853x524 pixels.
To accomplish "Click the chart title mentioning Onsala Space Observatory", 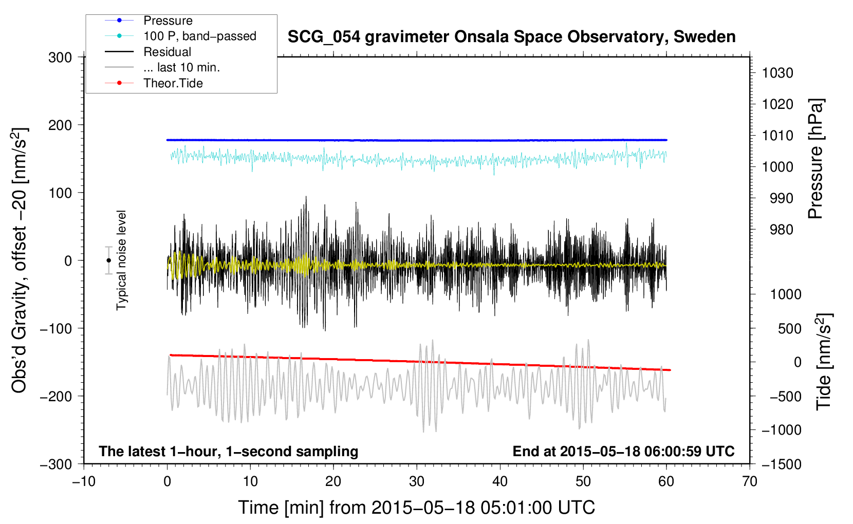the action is coord(511,37).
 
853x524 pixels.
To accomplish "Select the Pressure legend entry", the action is coord(149,20).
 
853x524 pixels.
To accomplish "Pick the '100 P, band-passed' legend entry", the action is coord(180,36).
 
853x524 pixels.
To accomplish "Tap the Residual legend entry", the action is coord(148,52).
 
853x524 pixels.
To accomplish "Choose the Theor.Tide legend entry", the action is coord(154,83).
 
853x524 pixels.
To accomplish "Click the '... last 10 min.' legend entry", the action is coord(162,67).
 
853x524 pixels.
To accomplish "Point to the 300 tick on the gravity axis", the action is coord(60,58).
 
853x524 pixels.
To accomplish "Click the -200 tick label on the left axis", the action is coord(57,397).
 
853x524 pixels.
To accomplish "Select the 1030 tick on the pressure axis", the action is coord(777,73).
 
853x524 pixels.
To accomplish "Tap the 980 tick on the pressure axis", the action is coord(781,230).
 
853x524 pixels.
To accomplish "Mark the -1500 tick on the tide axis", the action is coord(782,464).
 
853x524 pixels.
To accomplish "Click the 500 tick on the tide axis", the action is coord(789,329).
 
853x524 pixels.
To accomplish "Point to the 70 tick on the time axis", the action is coord(749,482).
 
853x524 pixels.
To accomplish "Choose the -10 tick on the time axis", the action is coord(84,482).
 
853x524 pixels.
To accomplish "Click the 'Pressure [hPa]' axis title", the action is coord(815,159).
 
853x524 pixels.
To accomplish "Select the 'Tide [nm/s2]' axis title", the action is coord(824,362).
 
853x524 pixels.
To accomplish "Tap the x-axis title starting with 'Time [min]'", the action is coord(416,508).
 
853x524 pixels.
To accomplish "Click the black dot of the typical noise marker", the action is coord(108,260).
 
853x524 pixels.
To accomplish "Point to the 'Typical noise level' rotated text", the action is coord(121,260).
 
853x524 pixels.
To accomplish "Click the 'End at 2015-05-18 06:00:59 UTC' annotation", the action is coord(623,451).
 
